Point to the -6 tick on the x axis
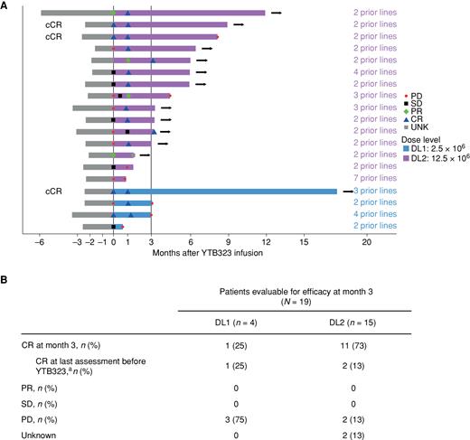click(x=41, y=241)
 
